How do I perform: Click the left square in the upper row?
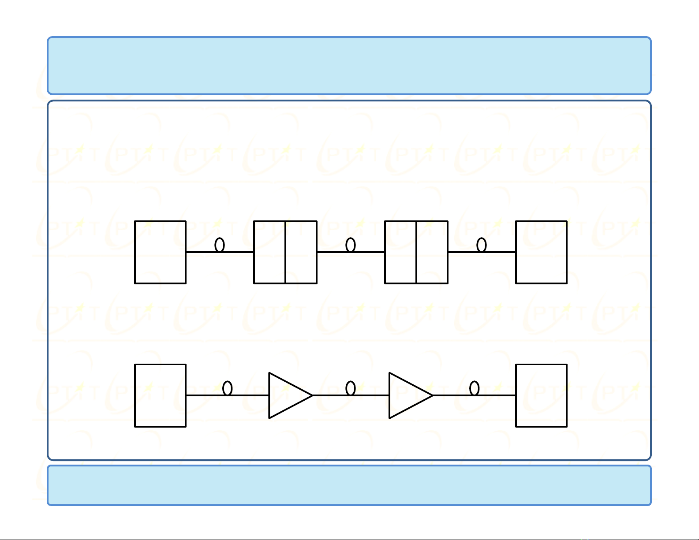coord(160,252)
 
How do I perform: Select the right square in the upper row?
coord(541,252)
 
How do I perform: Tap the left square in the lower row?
coord(160,395)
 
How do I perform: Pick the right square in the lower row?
coord(541,395)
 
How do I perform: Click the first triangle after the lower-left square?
coord(287,395)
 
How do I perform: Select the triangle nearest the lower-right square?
coord(407,395)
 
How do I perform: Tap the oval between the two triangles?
coord(351,388)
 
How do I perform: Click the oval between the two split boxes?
coord(351,245)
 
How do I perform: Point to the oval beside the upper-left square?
coord(220,245)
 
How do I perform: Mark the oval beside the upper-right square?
coord(482,245)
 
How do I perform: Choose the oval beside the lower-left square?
coord(228,388)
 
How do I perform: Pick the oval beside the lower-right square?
coord(475,388)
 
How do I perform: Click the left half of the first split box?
coord(269,252)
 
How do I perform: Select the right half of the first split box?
coord(301,252)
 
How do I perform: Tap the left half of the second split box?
coord(400,252)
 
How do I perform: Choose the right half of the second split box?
coord(432,252)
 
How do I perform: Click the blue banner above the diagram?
coord(349,66)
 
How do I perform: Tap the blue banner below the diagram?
coord(349,485)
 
